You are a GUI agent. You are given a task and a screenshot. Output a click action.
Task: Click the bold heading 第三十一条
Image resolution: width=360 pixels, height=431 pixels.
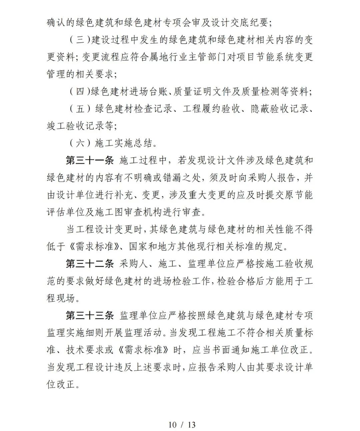coord(90,161)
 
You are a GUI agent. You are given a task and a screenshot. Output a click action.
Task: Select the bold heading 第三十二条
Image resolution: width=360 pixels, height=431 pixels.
coord(90,264)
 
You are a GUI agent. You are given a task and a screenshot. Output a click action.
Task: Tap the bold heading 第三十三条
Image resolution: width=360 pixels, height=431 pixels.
coord(90,316)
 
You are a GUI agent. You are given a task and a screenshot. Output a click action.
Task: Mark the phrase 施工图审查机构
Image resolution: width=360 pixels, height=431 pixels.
coord(140,212)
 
